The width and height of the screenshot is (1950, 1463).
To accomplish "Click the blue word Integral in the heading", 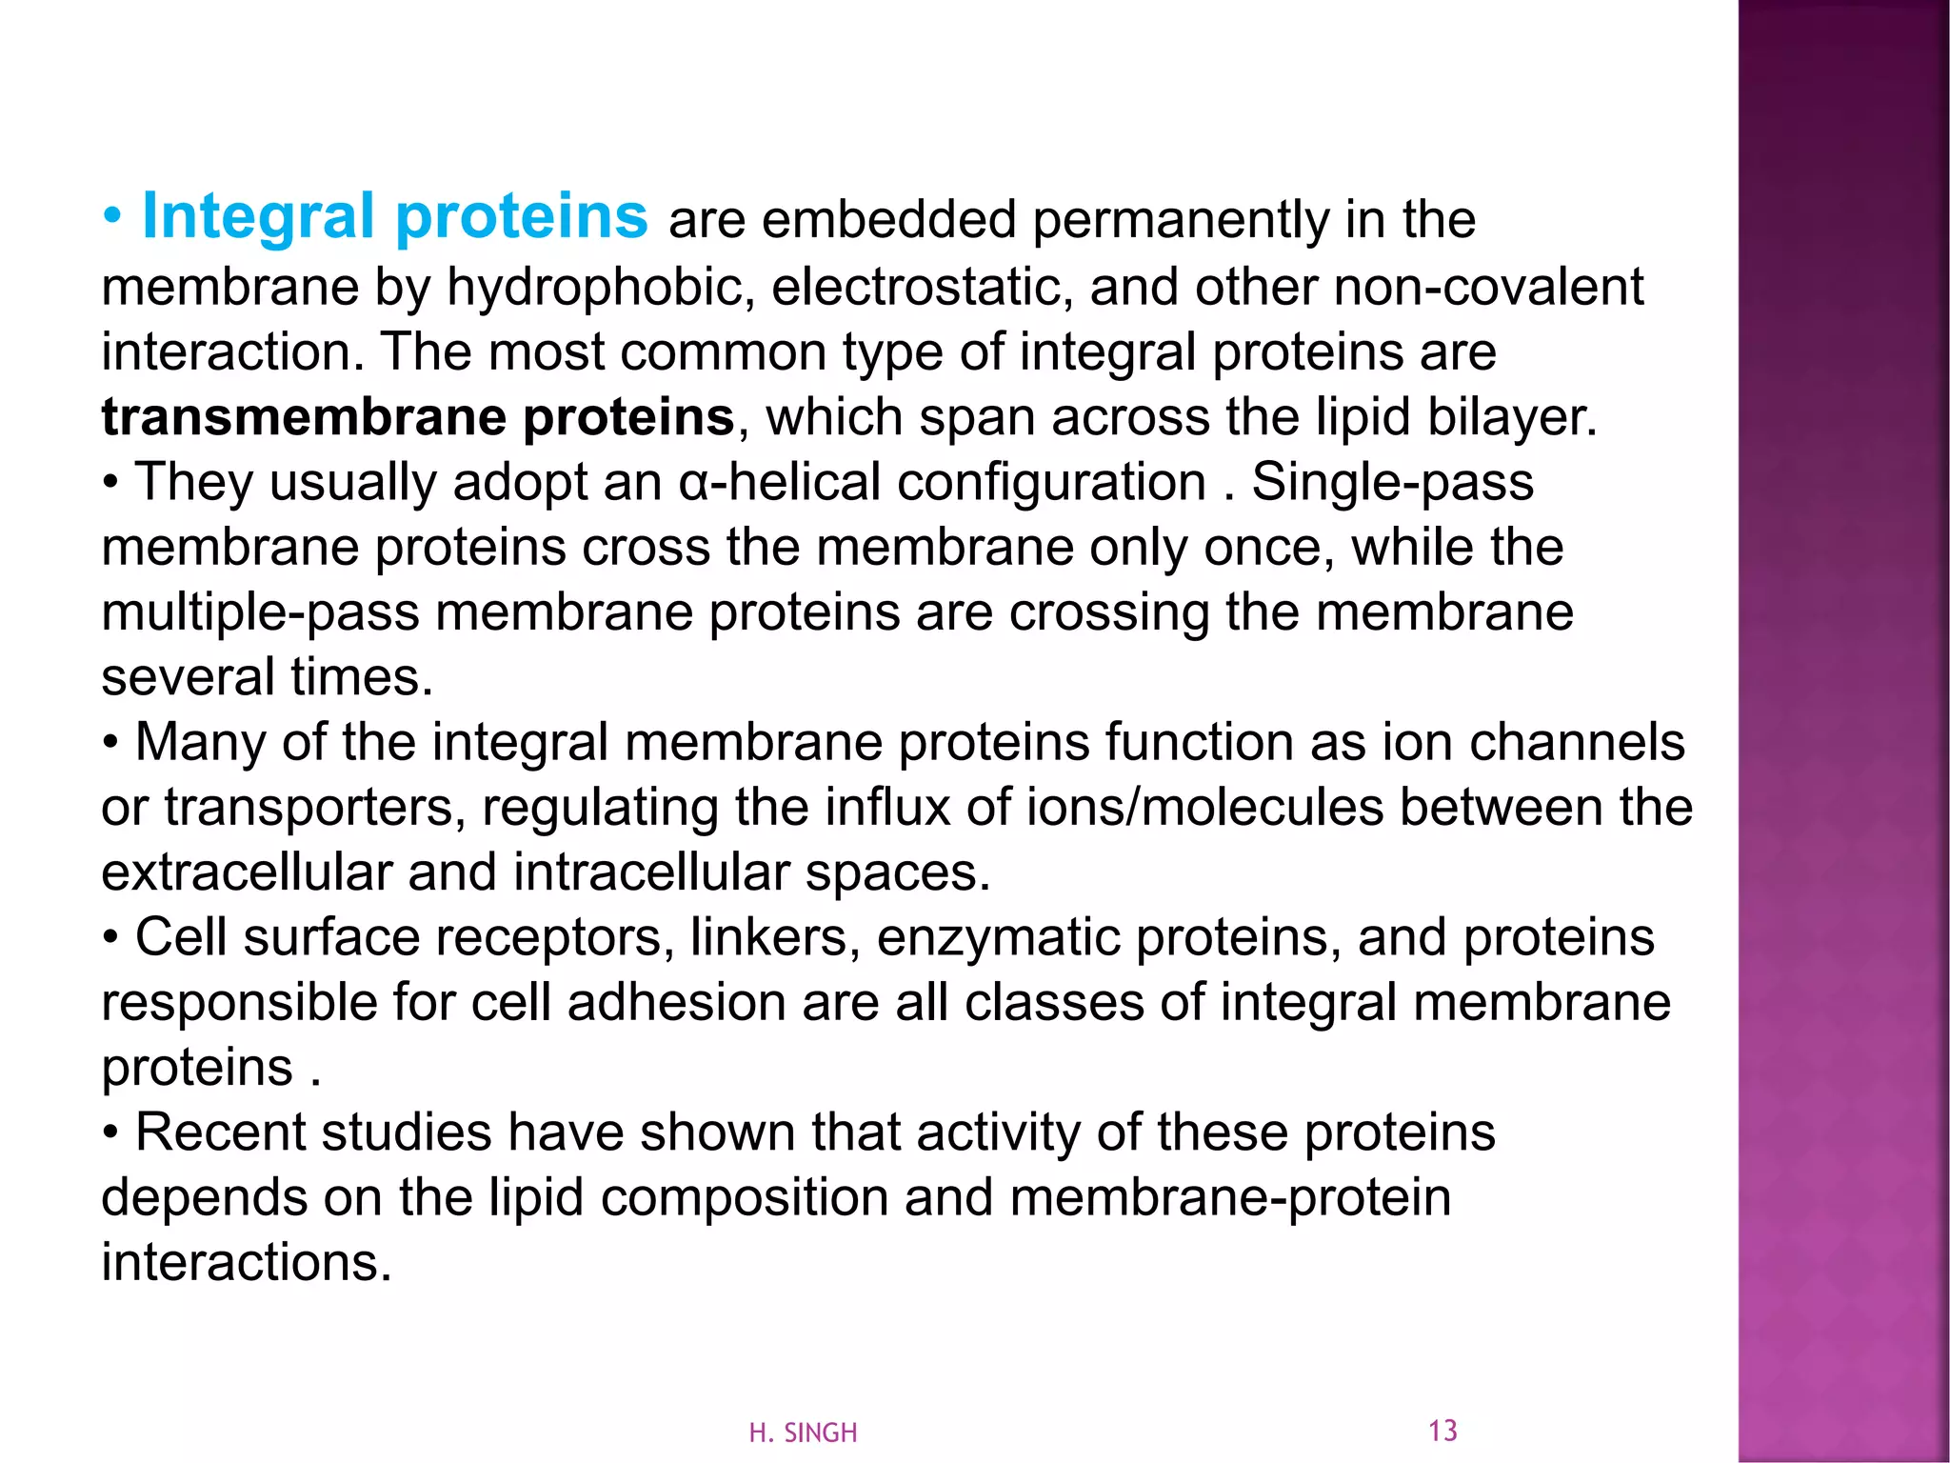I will [257, 217].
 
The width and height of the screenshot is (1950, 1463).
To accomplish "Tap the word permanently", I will [1181, 221].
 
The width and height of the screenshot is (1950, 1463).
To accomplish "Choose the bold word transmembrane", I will [303, 417].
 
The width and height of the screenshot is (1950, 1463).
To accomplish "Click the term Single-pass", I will [1392, 482].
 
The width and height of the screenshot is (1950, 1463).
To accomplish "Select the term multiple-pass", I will [260, 612].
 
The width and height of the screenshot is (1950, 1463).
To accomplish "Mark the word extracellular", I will [247, 872].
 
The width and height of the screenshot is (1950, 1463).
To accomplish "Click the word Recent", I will [220, 1132].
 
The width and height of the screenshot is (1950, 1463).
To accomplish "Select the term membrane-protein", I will [1229, 1197].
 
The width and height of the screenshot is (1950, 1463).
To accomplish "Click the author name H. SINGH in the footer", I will [803, 1433].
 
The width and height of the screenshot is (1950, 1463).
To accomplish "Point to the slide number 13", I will [1443, 1431].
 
